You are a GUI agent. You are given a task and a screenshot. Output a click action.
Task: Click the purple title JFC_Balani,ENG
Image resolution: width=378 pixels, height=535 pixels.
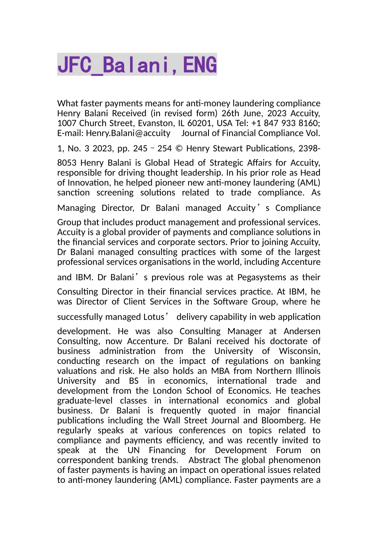coord(137,65)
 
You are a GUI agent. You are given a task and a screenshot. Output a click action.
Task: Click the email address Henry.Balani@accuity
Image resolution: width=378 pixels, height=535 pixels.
coord(128,133)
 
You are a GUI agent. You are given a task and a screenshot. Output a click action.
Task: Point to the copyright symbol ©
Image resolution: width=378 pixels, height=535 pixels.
coord(179,149)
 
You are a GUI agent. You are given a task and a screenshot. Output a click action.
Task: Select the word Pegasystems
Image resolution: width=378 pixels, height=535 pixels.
coord(262,277)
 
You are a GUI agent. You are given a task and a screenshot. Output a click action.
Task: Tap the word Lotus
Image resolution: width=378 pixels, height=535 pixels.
coord(153,317)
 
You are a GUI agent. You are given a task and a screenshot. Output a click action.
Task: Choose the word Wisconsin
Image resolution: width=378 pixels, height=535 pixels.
coord(299,351)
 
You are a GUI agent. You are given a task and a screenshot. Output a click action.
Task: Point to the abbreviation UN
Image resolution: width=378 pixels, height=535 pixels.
coord(134,450)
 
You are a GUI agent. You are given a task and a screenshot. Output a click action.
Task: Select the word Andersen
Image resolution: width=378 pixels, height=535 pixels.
coord(302,332)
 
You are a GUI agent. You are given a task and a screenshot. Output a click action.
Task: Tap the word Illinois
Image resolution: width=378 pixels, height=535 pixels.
coord(308,371)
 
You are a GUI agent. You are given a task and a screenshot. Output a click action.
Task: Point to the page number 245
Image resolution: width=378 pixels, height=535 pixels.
coord(140,149)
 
